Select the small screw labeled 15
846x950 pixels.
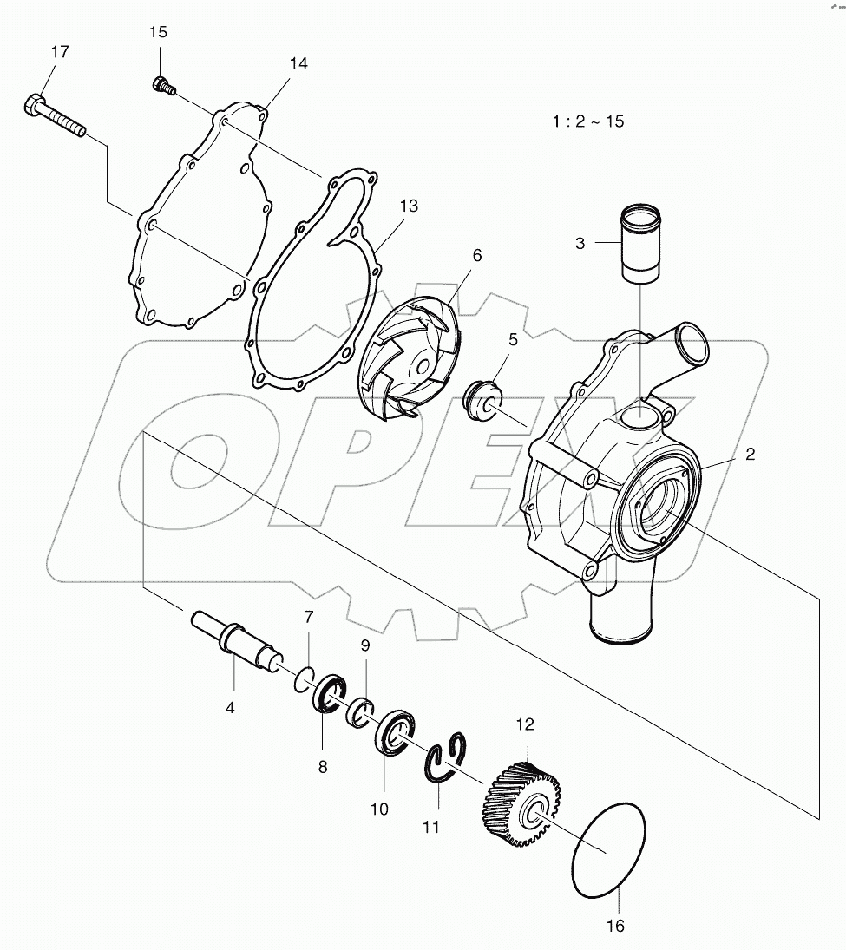(x=163, y=85)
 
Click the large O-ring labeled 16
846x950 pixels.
(x=611, y=842)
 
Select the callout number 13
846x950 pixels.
(x=409, y=206)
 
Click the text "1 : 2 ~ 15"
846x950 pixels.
(x=587, y=121)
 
